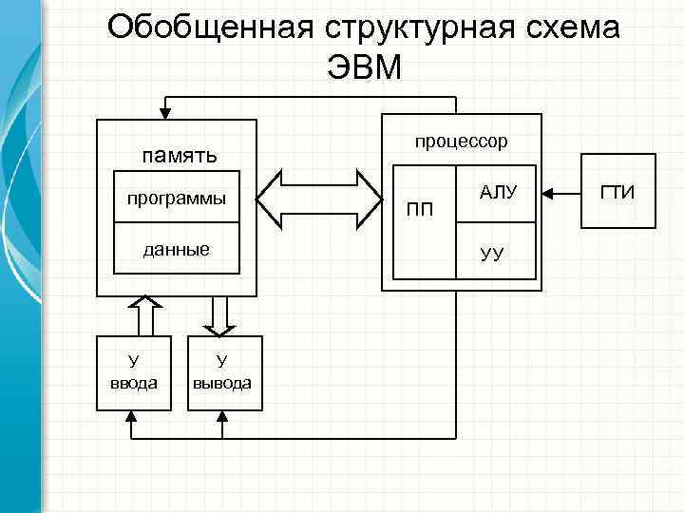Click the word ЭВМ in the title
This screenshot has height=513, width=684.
point(364,69)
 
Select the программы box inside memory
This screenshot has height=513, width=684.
point(177,199)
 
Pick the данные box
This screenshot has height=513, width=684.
point(177,249)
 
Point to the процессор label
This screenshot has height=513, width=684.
point(461,141)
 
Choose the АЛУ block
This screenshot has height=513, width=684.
point(498,193)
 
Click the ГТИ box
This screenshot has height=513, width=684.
point(617,193)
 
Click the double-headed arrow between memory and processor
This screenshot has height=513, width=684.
point(318,199)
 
